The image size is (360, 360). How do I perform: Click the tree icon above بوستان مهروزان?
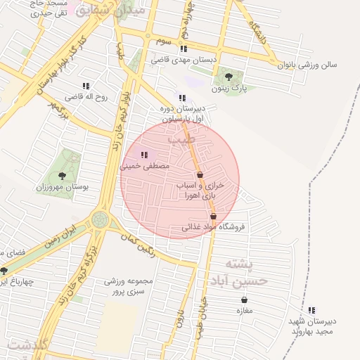[62, 176]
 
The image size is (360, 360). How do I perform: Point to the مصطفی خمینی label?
[146, 167]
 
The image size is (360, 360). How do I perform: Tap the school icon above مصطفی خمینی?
[144, 155]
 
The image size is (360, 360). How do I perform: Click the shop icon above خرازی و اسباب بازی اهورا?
[200, 174]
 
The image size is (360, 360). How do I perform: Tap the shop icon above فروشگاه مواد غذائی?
[213, 216]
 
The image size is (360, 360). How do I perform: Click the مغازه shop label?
[244, 311]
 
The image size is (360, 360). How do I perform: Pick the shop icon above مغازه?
[244, 300]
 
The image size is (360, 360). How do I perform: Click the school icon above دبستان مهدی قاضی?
[184, 49]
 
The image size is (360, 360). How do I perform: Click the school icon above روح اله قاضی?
[86, 86]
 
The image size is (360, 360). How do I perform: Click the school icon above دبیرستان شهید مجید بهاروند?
[311, 309]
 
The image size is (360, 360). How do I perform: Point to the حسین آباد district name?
[232, 281]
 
